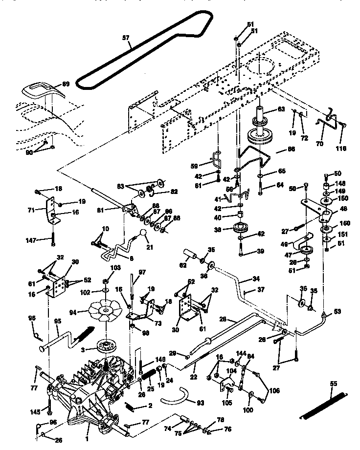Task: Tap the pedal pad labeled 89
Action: point(44,90)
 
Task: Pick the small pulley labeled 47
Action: point(307,251)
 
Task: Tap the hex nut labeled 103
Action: point(106,282)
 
